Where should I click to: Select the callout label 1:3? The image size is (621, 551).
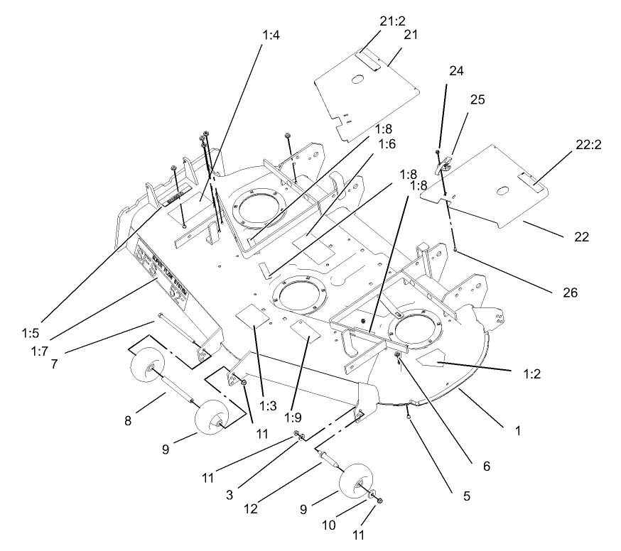268,406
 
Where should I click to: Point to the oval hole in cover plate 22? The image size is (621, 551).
502,190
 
